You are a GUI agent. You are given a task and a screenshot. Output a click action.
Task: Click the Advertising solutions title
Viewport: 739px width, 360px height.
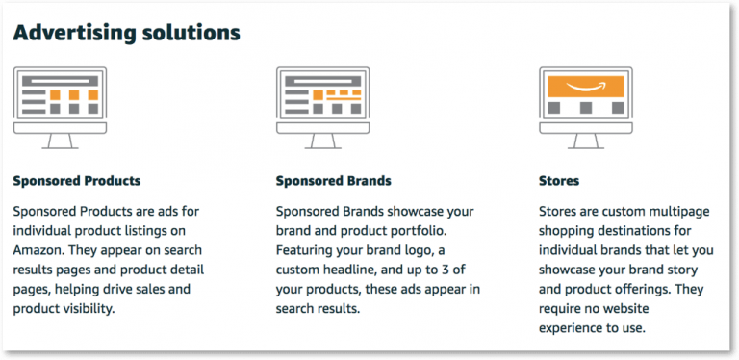point(126,33)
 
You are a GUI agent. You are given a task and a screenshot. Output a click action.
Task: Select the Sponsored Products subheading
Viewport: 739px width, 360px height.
point(77,180)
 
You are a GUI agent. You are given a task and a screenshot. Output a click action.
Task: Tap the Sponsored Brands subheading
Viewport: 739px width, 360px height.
point(333,180)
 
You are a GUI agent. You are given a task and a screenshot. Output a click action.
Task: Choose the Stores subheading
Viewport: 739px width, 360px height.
point(560,180)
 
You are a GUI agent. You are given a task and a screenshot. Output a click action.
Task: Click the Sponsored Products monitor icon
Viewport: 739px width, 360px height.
point(61,106)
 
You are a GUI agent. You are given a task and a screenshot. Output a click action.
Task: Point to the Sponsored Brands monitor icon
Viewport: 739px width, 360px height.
point(323,106)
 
